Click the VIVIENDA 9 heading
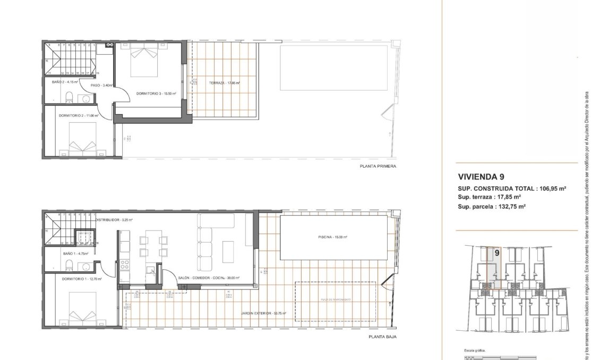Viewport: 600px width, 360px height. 480,177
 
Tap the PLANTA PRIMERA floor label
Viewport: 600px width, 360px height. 378,166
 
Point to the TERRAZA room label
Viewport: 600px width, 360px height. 225,83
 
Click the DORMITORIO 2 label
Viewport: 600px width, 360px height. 79,115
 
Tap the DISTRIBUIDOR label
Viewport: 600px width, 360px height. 114,219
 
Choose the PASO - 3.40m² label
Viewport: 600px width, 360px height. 101,85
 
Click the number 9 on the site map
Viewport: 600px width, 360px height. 496,253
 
